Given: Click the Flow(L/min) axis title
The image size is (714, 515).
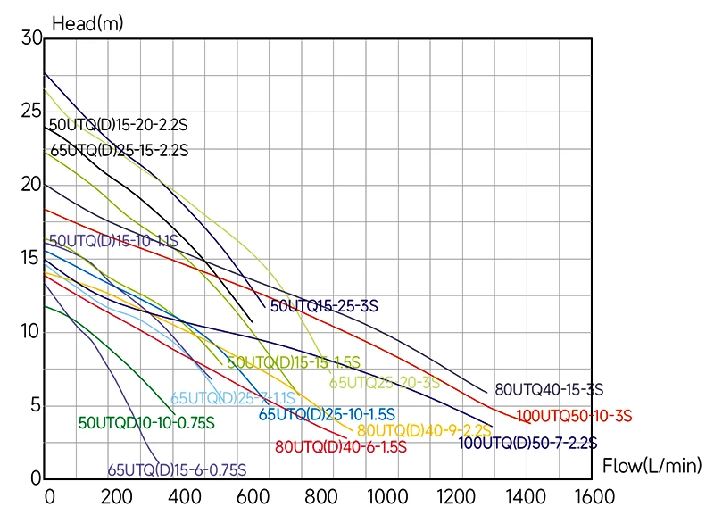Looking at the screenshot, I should pos(652,466).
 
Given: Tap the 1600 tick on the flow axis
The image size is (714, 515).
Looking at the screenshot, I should pos(571,496).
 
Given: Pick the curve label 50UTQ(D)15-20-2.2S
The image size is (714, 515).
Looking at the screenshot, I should pos(119,126).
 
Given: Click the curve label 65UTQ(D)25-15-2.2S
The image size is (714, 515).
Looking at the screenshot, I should pos(119,151).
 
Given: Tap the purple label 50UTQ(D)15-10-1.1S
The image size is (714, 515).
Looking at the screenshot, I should pos(113,241).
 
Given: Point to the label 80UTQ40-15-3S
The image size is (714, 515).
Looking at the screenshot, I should pos(549,389).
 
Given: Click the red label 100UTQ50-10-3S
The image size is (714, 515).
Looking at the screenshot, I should pos(574,415).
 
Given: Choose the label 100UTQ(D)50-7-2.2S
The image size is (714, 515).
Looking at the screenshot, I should pos(527,443).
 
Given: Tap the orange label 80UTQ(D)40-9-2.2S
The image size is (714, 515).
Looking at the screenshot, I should pos(424,431).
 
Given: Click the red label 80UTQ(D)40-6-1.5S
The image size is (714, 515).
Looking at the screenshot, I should pos(341,447).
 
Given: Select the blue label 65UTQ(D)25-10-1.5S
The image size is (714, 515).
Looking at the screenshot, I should pos(328,414).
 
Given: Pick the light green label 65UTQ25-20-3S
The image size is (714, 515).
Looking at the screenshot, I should pos(385,383).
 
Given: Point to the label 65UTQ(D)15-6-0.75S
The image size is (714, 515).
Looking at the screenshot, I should pos(177,470).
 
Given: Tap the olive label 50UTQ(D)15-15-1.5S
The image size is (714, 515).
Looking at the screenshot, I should pos(294,362).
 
